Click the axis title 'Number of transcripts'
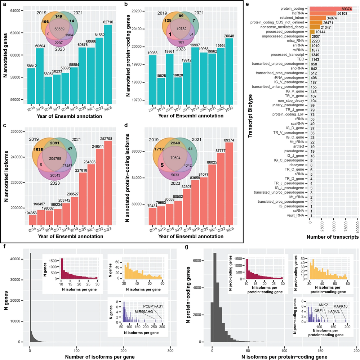coord(333,237)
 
